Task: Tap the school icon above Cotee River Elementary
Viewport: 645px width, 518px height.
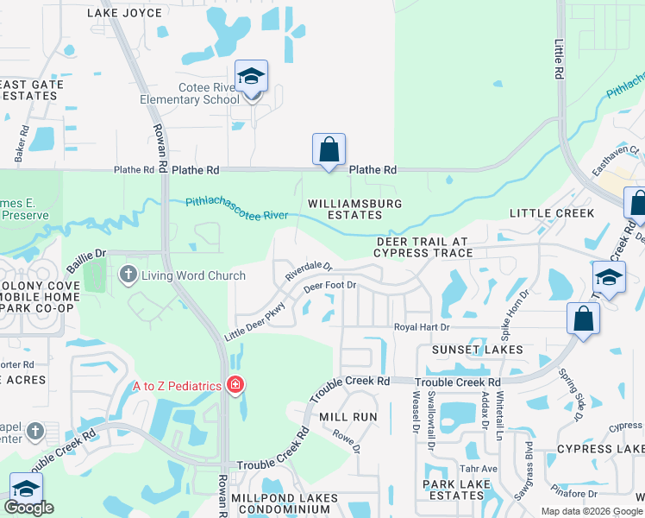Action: [252, 76]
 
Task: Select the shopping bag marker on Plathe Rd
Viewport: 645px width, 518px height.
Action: [329, 149]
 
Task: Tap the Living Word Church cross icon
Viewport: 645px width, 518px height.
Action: [128, 275]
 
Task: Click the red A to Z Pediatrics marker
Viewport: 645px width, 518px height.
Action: [235, 386]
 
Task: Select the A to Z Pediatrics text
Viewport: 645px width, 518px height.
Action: [177, 386]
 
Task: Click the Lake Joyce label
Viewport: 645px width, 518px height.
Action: [124, 13]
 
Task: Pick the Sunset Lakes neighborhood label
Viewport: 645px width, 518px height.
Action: [478, 350]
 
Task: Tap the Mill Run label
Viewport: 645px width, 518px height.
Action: [348, 416]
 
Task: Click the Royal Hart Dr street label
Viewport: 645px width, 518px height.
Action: [422, 327]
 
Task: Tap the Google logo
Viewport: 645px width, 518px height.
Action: [30, 507]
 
